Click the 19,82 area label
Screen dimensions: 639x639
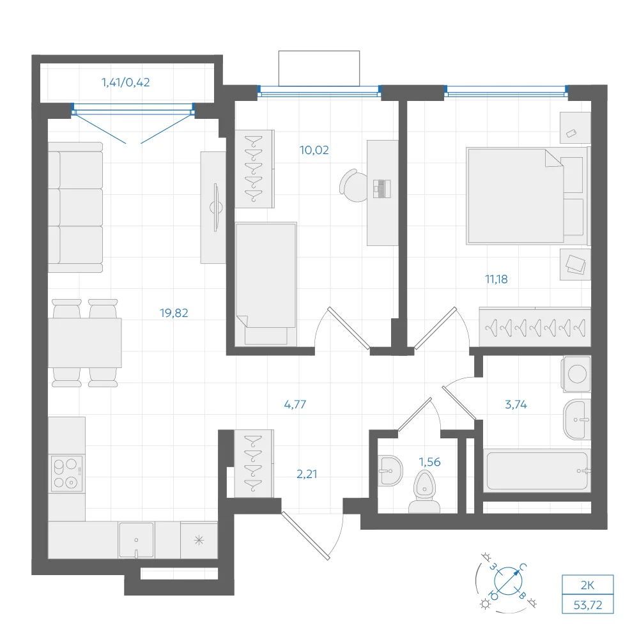pos(174,313)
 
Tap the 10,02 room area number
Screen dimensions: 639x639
pos(314,150)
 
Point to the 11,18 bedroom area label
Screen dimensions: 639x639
pos(497,279)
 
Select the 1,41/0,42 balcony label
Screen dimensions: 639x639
pos(125,82)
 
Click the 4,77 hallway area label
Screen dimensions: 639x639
pos(295,404)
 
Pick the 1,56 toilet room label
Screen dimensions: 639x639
pos(429,462)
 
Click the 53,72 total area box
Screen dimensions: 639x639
pos(588,604)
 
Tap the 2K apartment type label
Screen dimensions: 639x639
pos(588,585)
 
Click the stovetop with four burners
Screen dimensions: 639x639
pos(67,473)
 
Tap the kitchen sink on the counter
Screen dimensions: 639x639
pos(136,541)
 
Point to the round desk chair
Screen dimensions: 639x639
pos(353,186)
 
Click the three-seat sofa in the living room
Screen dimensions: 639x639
pos(75,207)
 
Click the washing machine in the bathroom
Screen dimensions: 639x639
pos(576,374)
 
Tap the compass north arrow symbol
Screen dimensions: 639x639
pos(508,581)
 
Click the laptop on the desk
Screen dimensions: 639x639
pos(382,189)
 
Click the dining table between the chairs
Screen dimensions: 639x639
pos(85,343)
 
